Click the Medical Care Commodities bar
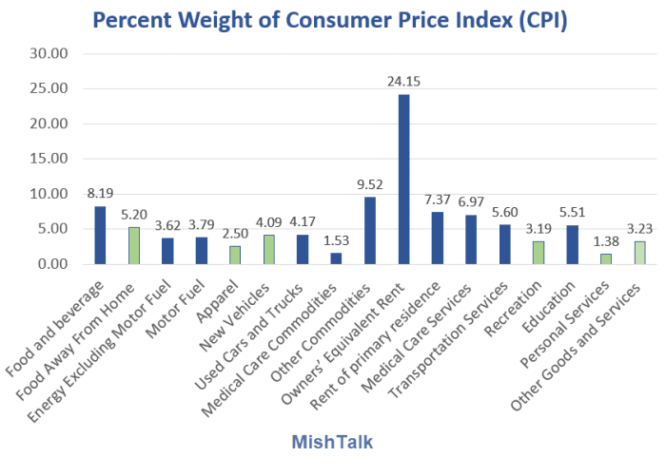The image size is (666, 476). pyautogui.click(x=336, y=258)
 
